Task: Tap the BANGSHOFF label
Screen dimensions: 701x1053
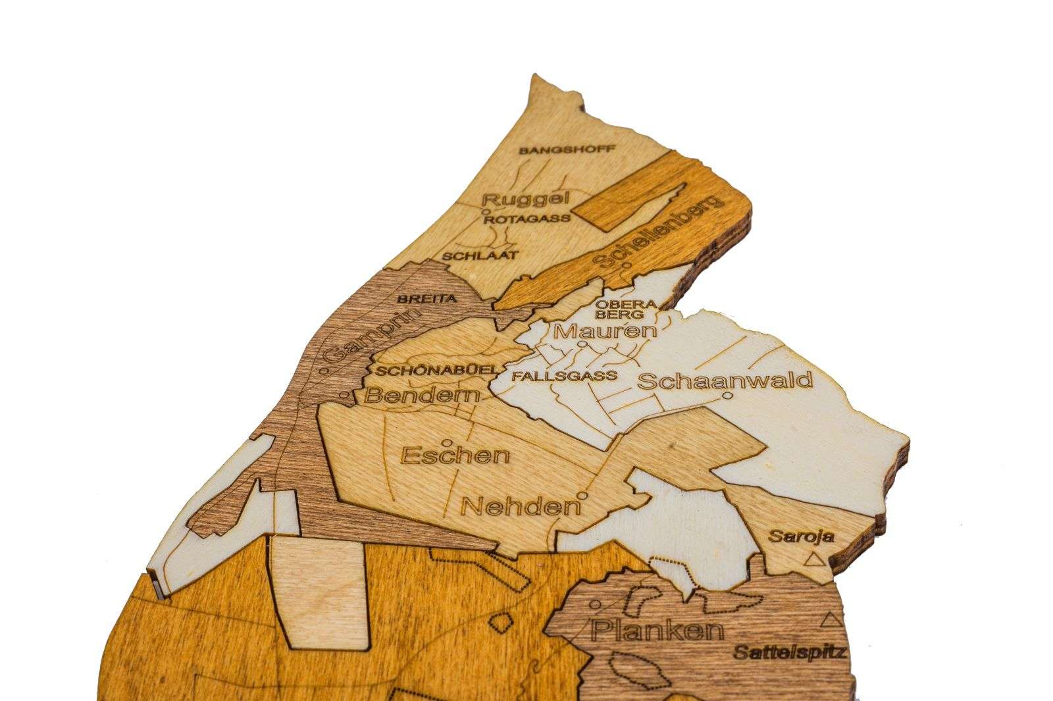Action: (x=567, y=150)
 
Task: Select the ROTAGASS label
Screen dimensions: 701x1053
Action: (x=526, y=219)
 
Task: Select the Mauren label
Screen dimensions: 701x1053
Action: (x=605, y=330)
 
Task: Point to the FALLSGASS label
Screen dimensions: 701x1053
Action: (x=564, y=376)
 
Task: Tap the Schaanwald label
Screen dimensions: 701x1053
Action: (x=725, y=380)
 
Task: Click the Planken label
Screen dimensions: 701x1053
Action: (x=657, y=630)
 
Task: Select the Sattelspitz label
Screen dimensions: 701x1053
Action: (x=788, y=653)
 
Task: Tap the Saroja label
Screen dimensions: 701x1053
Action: (x=802, y=536)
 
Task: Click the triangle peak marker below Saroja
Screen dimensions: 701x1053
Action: (x=815, y=559)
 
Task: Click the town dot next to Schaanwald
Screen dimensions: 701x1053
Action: (x=727, y=396)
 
